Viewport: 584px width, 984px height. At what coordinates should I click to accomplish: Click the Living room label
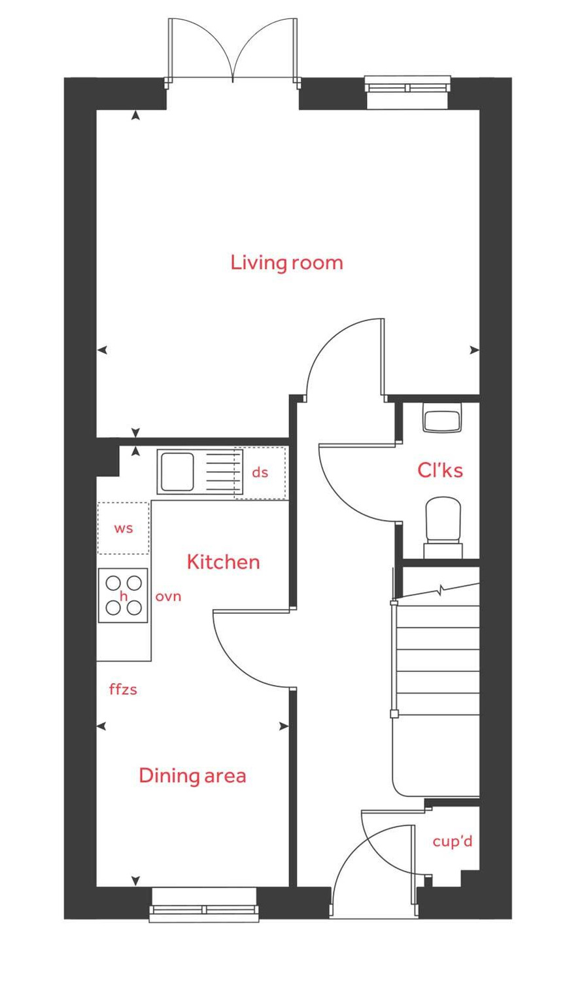(286, 263)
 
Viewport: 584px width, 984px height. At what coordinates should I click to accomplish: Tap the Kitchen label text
(223, 562)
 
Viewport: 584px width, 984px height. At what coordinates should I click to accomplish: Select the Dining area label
(192, 776)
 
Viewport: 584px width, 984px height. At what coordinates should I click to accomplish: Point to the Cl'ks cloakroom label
(440, 470)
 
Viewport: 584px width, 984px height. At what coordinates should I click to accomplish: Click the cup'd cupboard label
(452, 841)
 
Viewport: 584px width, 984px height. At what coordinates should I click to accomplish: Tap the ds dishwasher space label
(260, 472)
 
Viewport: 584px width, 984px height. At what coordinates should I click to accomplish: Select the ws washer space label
(123, 528)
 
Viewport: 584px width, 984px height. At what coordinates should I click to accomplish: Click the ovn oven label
(168, 597)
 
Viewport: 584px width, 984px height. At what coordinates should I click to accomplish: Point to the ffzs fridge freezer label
(123, 689)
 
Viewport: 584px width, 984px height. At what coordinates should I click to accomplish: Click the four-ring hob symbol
(123, 595)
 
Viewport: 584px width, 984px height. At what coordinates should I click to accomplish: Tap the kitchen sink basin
(176, 471)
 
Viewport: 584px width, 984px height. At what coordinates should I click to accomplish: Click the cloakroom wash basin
(443, 419)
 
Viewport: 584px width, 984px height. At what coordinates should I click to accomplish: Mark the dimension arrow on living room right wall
(474, 351)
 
